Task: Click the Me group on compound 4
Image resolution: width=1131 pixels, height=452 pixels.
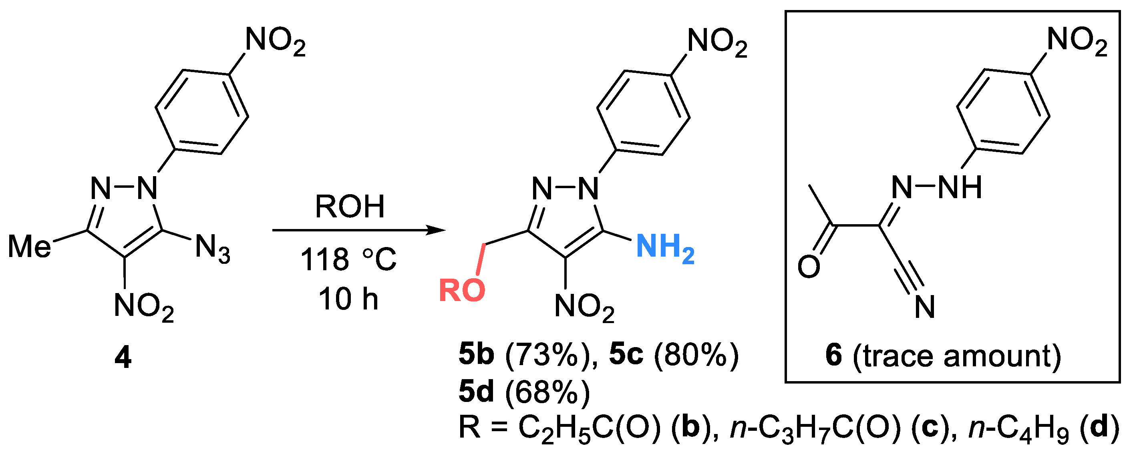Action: [x=29, y=246]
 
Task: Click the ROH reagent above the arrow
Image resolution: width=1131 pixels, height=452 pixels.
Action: [x=350, y=206]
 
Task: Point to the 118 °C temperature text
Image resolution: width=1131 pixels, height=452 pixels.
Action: [x=348, y=259]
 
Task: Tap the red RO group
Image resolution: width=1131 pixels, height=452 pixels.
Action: [x=462, y=290]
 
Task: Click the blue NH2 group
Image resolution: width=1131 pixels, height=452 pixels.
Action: [x=665, y=247]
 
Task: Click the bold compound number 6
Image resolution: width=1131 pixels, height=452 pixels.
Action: [x=834, y=356]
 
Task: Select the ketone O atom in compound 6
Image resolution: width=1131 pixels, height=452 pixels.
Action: [x=809, y=266]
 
